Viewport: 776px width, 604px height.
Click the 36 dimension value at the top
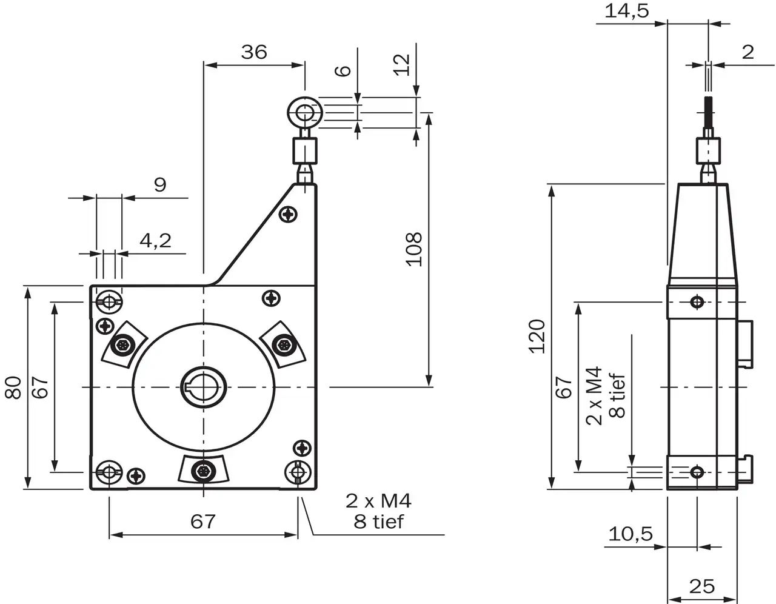point(253,52)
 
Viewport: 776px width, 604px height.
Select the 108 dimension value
point(414,249)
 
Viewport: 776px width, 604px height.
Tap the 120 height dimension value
point(537,336)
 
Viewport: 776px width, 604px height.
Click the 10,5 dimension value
point(630,534)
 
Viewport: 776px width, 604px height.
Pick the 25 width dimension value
point(702,586)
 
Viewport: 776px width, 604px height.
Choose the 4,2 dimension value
point(155,241)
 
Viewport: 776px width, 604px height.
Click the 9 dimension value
point(160,184)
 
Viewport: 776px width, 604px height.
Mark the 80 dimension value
point(14,388)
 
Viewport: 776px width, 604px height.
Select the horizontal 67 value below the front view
point(203,521)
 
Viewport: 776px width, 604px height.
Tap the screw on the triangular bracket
point(290,214)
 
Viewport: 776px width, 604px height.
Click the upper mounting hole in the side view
point(697,301)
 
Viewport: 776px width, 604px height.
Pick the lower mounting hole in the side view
point(697,472)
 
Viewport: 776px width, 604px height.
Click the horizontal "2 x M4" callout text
point(379,501)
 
